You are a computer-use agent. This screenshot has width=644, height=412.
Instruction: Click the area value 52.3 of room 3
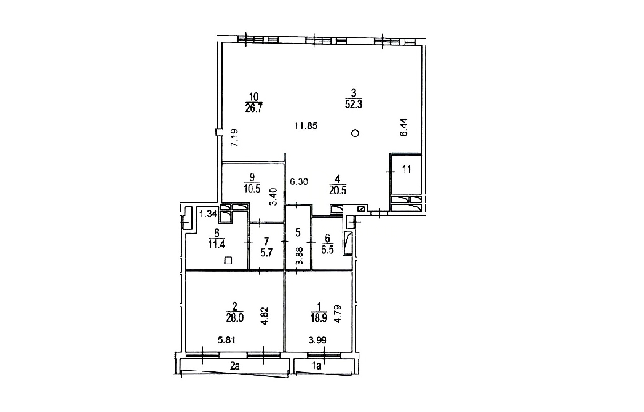click(x=354, y=104)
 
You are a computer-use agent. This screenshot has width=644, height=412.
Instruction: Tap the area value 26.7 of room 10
click(x=254, y=108)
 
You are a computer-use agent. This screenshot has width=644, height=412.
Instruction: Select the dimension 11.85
click(x=306, y=126)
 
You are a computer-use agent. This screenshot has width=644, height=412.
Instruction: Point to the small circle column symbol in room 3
click(x=355, y=133)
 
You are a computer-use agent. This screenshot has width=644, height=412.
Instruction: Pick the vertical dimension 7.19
click(x=235, y=138)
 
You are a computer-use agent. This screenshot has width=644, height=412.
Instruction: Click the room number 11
click(x=407, y=169)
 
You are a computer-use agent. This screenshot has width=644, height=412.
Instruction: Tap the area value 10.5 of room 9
click(x=252, y=189)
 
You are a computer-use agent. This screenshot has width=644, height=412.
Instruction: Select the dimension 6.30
click(x=299, y=182)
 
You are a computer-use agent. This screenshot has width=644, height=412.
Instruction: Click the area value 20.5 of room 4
click(x=338, y=190)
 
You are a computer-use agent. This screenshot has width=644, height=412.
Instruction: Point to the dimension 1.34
click(x=208, y=214)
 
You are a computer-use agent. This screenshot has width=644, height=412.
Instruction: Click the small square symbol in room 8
click(x=228, y=260)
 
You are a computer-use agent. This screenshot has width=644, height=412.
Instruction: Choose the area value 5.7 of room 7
click(x=266, y=253)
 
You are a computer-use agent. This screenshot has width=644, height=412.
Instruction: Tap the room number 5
click(x=298, y=233)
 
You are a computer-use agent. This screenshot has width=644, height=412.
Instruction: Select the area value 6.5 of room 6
click(x=327, y=250)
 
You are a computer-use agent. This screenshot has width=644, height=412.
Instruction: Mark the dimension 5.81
click(x=227, y=340)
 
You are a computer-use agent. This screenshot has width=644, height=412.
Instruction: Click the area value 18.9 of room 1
click(x=318, y=318)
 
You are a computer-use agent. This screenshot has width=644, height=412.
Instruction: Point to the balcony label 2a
click(x=235, y=366)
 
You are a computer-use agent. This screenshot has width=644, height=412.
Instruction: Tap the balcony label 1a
click(x=317, y=366)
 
